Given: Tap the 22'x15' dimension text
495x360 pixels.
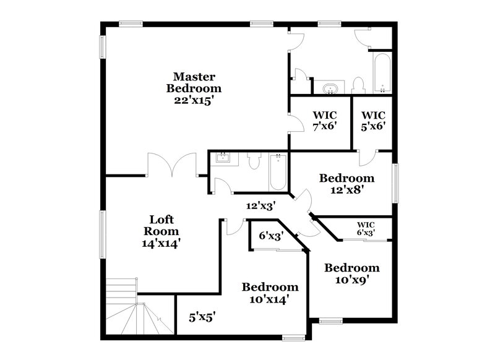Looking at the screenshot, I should point(194,99).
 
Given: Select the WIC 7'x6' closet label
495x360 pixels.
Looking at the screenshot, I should point(324,120).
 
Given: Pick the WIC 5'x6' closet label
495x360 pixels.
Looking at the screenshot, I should point(373,120).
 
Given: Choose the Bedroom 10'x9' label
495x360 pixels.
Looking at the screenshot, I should point(351,273).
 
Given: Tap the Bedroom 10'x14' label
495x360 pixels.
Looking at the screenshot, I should point(270,293).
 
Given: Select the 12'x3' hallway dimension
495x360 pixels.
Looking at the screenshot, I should point(260,205).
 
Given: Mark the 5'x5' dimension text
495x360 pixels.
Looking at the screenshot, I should point(202,318).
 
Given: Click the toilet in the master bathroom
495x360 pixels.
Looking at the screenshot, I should point(357,86).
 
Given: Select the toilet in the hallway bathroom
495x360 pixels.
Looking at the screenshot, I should point(252,161).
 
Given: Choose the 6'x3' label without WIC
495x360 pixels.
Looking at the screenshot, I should point(270,235).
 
